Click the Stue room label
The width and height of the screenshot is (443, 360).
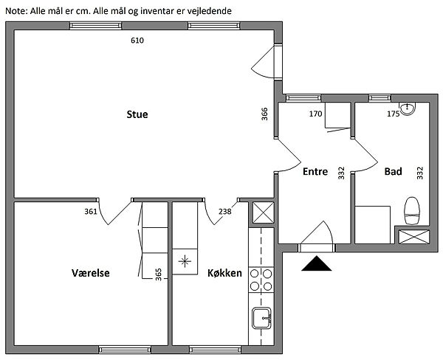(137, 114)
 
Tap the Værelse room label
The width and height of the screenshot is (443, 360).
(91, 273)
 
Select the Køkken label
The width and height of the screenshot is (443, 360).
(224, 273)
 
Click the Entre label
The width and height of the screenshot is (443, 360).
(315, 171)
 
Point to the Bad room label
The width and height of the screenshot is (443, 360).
(393, 171)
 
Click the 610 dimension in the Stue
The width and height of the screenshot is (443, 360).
(137, 41)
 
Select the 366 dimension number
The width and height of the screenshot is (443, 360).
(264, 114)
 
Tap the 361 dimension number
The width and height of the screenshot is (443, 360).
(91, 212)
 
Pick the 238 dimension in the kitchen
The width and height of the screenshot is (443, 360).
(225, 212)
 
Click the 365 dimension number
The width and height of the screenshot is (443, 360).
(159, 274)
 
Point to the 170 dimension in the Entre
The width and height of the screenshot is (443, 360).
(315, 114)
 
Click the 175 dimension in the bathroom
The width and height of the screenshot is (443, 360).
(394, 114)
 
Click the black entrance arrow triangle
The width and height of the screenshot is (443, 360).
(317, 263)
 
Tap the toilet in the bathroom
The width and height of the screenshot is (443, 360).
(412, 211)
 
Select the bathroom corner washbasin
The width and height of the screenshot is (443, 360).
(407, 108)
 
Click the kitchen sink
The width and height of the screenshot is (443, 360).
(261, 318)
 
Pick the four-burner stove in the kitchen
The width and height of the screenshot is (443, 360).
(261, 280)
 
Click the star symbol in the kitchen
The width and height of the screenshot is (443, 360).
(185, 261)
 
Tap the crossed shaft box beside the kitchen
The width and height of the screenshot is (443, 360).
(264, 212)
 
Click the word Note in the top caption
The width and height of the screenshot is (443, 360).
(16, 11)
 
